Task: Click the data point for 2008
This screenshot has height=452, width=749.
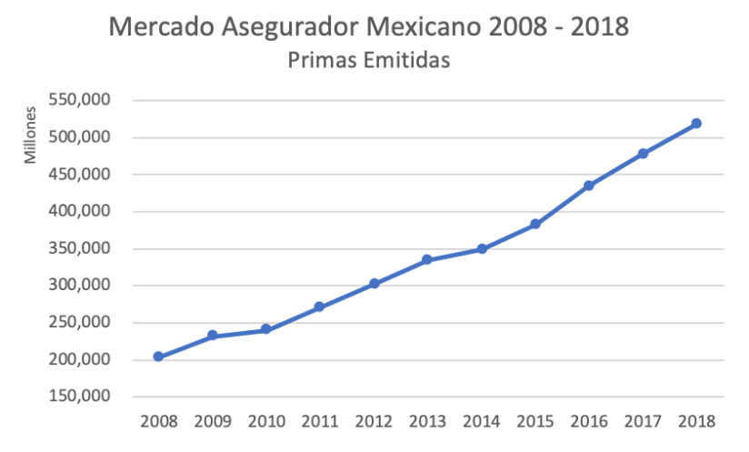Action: point(158,357)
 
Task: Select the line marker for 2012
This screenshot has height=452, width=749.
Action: point(374,284)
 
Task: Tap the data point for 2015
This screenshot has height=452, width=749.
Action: point(535,224)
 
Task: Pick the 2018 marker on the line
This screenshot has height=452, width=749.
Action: point(696,124)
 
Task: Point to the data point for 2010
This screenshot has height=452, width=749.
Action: point(266,329)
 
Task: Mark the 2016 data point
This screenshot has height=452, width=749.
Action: point(589,186)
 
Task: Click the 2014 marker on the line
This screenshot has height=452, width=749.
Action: point(482,248)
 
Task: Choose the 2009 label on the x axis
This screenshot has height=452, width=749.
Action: point(213,421)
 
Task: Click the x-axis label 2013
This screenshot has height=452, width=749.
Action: point(428,421)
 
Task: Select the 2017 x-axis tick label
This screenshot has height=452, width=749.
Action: point(643,421)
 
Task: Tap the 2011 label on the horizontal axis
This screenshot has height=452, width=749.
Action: point(320,421)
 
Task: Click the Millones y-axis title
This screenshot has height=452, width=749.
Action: point(30,136)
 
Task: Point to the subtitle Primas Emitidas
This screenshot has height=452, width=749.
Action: point(369,61)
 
